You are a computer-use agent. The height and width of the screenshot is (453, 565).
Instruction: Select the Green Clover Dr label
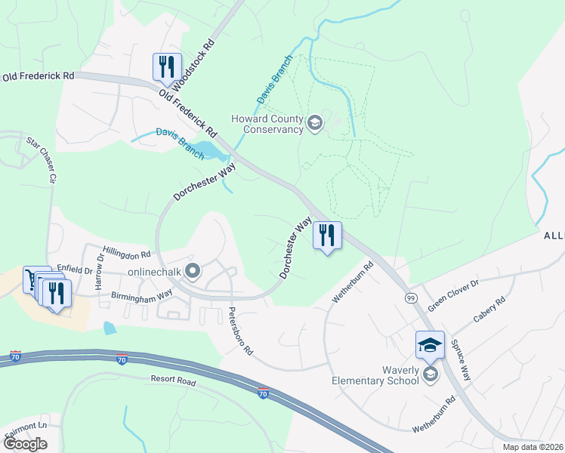pos(453,295)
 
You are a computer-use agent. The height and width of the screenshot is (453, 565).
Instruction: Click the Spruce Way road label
pos(461,359)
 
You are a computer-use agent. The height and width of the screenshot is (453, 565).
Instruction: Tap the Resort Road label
pos(173,381)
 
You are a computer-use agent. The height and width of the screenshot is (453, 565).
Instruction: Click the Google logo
pos(24,443)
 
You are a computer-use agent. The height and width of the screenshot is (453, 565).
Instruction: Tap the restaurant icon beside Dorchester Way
pos(327,235)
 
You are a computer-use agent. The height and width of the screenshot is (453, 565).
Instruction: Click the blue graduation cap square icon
pos(430,344)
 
